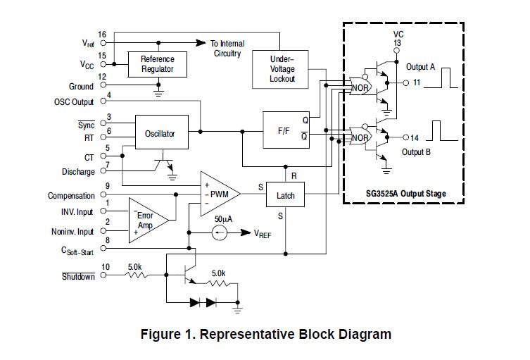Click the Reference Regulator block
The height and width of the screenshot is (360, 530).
point(158,64)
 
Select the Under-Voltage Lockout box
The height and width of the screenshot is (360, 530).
point(282,70)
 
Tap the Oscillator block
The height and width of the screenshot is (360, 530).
point(160,133)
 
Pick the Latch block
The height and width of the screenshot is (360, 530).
point(285,195)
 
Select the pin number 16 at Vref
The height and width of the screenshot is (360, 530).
point(102,35)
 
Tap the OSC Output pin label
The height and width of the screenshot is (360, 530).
point(74,102)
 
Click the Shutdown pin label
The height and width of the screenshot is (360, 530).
point(77,277)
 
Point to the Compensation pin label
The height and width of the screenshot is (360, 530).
point(71,196)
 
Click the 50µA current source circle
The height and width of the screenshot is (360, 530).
point(220,232)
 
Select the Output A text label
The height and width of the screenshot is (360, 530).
point(421,67)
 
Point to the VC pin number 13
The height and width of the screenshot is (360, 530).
point(398,43)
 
